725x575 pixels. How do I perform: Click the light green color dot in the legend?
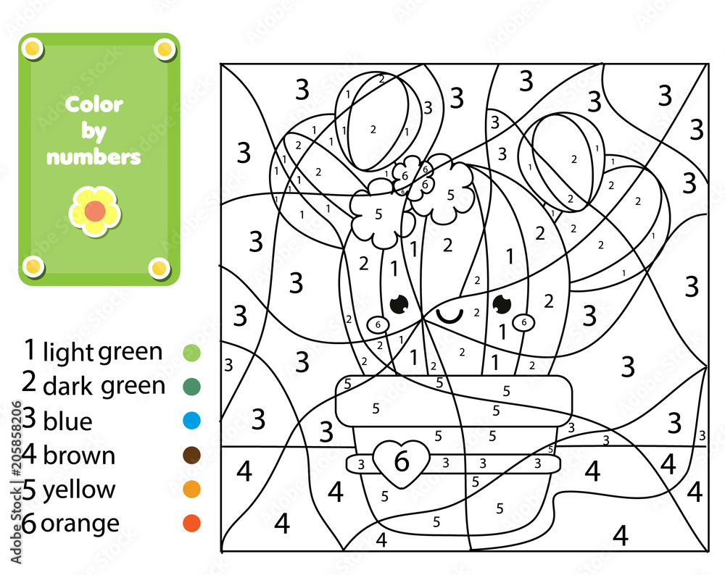tap(191, 353)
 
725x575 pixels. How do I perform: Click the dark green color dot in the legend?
tap(191, 387)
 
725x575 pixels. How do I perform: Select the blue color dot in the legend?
tap(191, 421)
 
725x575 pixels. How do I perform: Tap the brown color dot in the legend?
tap(191, 456)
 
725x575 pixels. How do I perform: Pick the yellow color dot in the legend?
tap(191, 490)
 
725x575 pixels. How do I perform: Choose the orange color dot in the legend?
tap(191, 523)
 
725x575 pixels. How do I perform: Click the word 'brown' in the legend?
tap(79, 456)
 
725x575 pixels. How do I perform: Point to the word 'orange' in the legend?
tap(80, 524)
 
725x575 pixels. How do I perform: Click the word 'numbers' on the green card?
tap(94, 156)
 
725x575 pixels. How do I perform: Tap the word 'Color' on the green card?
tap(94, 104)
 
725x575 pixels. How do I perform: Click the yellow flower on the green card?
tap(95, 211)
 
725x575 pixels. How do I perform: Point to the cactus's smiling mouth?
tap(450, 315)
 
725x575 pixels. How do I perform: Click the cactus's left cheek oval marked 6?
tap(378, 325)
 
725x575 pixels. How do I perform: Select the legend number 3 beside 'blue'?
tap(29, 419)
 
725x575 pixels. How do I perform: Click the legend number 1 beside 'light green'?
tap(29, 350)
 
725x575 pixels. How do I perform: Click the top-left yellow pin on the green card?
tap(33, 49)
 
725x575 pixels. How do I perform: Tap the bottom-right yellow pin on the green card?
tap(159, 269)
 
